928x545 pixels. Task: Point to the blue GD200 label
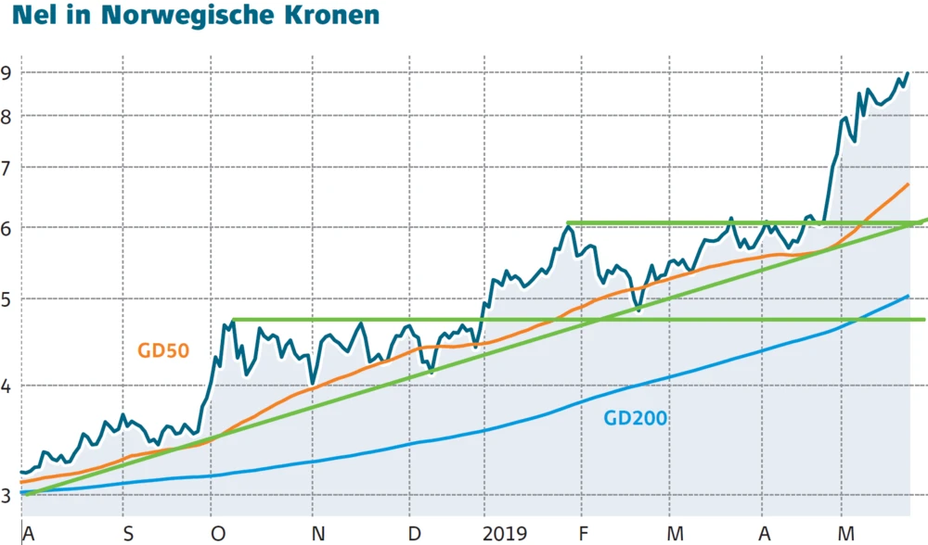pos(636,418)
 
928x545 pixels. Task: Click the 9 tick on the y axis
pos(8,72)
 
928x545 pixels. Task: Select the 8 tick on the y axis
pos(8,117)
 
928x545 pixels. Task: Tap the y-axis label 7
pos(8,168)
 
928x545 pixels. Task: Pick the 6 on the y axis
pos(8,227)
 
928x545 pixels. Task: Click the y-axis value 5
pos(8,299)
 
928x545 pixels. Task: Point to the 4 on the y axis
pos(8,386)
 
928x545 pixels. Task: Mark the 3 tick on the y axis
pos(8,495)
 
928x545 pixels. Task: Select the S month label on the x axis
pos(129,533)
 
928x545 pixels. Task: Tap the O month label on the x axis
pos(218,533)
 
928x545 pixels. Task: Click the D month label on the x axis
pos(414,533)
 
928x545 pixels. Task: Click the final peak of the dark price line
pos(907,73)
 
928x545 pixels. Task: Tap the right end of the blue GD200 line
pos(908,297)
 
